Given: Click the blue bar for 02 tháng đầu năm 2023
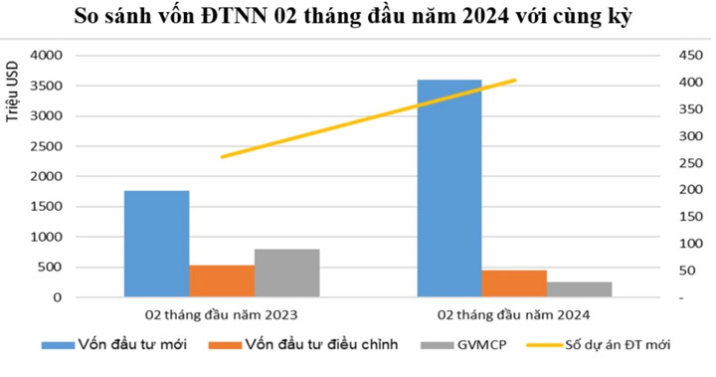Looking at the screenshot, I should coord(156,244).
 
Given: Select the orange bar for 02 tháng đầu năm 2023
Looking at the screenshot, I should coord(221,282).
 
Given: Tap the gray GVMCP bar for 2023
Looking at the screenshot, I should coord(286,274).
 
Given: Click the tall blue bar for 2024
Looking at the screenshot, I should coord(448,189).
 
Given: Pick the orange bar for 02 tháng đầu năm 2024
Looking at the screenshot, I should coord(514,283).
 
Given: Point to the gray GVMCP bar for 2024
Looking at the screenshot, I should coord(579,289).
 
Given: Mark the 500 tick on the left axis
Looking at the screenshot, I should coord(47,268).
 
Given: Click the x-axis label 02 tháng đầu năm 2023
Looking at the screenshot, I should coord(221,314).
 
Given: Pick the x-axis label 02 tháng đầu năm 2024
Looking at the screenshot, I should coord(514,314).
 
